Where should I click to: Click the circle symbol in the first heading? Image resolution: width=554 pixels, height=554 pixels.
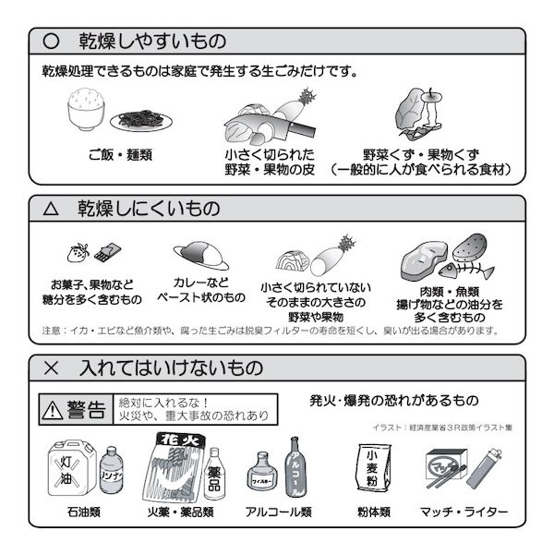[x=52, y=42]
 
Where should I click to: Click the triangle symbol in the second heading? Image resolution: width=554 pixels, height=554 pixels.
[x=52, y=209]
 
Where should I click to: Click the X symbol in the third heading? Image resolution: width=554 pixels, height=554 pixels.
[x=52, y=367]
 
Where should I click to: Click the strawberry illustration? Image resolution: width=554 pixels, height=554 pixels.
[x=78, y=251]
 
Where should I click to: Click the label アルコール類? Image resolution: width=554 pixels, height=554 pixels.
[x=278, y=511]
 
